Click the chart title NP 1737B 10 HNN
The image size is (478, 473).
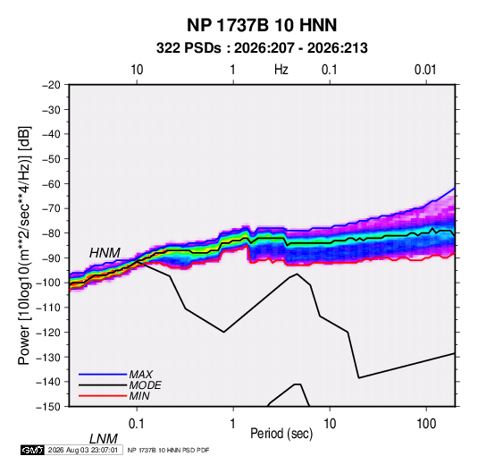coord(262,25)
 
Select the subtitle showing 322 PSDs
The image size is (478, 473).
coord(262,48)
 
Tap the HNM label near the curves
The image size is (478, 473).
coord(105,253)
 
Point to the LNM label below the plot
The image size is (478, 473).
coord(104,439)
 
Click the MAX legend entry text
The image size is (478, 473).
coord(141,374)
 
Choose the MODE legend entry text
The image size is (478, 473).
coord(145,385)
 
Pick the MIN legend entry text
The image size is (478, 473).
coord(139,396)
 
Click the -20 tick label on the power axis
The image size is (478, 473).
coord(51,85)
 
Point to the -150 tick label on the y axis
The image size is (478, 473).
coord(49,407)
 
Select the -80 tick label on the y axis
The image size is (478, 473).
coord(51,233)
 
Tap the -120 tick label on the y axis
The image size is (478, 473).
coord(49,332)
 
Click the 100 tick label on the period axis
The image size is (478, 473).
coord(426,424)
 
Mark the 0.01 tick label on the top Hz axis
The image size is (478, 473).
coord(425,70)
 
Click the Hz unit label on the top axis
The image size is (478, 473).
coord(281,70)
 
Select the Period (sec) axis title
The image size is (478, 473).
coord(281,434)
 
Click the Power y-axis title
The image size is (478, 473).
coord(24,245)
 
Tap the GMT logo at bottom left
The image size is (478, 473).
coord(33,450)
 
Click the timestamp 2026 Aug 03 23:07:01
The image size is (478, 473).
coord(83,450)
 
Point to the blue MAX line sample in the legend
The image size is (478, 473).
coord(103,374)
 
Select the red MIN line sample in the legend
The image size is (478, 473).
coord(103,396)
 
